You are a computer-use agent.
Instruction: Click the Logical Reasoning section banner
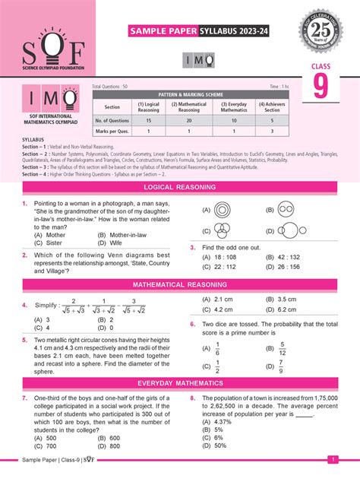[179, 186]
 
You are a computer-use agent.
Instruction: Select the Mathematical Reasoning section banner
[179, 284]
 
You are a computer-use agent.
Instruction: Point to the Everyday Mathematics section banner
[179, 384]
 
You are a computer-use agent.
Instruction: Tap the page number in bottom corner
[332, 458]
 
